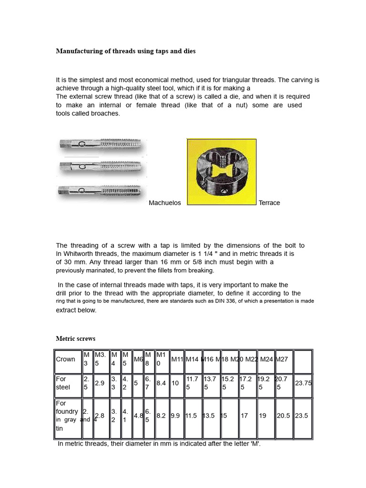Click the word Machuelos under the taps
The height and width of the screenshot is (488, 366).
165,203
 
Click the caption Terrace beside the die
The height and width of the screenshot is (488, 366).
269,203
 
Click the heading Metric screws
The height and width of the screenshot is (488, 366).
75,339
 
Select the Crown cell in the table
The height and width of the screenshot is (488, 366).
65,359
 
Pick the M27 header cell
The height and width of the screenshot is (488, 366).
282,359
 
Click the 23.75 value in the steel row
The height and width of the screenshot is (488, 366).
303,383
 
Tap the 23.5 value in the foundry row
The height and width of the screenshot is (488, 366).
303,416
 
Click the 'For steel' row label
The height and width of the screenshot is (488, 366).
63,383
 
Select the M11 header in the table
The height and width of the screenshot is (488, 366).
177,359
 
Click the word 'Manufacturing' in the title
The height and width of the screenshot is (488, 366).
78,51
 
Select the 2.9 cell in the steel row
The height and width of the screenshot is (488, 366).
100,383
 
